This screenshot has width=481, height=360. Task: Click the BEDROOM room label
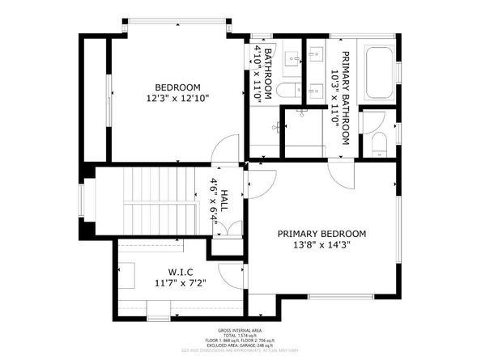(178, 87)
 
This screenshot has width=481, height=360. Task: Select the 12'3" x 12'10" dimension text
(178, 99)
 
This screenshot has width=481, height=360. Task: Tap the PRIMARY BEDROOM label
(321, 233)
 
